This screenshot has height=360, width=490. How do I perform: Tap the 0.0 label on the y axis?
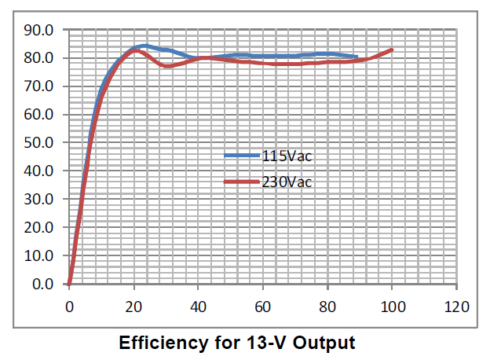pos(44,284)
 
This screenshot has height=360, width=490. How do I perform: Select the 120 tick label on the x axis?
pos(456,305)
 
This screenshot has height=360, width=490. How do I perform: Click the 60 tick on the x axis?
pos(263,305)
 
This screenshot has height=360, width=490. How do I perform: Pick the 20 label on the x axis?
pos(134,305)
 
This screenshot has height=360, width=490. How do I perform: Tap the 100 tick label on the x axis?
pos(392,305)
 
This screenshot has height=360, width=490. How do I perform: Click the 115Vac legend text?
pos(287,156)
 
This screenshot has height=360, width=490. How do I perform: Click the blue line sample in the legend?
pos(241,156)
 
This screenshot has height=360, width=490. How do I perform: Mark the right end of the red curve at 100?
pos(392,50)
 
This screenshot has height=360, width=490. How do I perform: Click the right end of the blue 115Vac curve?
pos(357,57)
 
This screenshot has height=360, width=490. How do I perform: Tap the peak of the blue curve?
pos(144,46)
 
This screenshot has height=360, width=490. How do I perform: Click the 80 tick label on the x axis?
pos(327,305)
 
